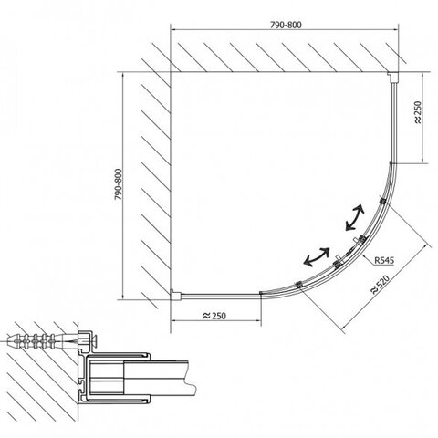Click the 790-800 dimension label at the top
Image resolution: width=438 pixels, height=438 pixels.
(286, 25)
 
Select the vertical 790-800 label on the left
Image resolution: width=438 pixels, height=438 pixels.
(118, 184)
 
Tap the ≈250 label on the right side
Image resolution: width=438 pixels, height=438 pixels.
(418, 112)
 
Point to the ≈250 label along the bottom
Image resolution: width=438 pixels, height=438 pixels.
(214, 316)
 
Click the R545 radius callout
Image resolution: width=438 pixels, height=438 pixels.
(384, 260)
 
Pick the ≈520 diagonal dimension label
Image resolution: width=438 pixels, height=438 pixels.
(380, 285)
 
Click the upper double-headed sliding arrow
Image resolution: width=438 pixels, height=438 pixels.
(355, 217)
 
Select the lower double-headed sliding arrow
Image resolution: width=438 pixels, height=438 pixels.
(317, 257)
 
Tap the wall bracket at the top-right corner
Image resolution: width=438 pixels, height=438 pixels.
(392, 78)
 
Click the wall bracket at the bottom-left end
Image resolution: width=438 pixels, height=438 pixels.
(176, 295)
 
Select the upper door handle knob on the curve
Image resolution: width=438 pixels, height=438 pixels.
(358, 240)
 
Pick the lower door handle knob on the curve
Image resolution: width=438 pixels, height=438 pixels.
(337, 259)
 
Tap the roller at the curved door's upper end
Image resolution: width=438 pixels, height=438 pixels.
(383, 201)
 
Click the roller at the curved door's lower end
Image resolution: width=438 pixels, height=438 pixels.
(298, 285)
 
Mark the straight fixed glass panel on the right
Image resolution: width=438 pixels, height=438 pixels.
(393, 122)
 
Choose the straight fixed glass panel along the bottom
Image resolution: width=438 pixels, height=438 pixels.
(221, 295)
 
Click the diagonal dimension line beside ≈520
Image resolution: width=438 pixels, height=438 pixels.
(386, 287)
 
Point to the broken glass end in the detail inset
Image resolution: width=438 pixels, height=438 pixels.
(191, 378)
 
